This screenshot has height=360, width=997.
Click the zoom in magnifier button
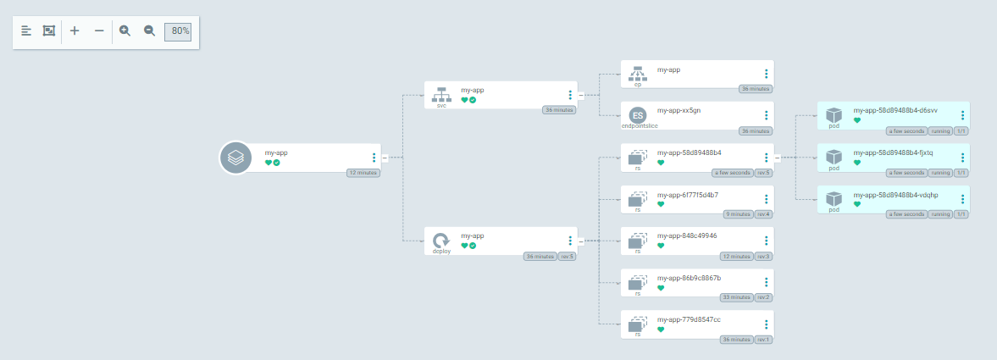point(125,30)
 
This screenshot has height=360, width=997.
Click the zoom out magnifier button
point(149,30)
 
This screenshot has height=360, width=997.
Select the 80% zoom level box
point(178,31)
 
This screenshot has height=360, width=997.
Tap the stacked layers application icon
point(235,158)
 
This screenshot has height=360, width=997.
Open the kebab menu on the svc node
point(570,96)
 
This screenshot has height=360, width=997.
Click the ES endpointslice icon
point(638,115)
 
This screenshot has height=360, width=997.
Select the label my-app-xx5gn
point(679,110)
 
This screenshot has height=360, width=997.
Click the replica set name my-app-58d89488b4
point(689,152)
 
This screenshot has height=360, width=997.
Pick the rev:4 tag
point(763,214)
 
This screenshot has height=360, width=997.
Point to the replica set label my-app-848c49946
point(687,235)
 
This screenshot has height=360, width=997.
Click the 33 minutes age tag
point(736,297)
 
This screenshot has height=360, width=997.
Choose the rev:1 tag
point(763,339)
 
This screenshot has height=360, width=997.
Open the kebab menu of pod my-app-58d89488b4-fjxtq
point(963,158)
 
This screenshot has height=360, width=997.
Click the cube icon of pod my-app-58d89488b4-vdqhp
point(834,199)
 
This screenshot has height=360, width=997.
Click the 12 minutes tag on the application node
point(363,173)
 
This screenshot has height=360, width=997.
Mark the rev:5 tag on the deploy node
point(567,256)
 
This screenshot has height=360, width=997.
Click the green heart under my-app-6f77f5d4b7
point(661,204)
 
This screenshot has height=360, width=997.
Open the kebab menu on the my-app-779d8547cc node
point(767,324)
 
